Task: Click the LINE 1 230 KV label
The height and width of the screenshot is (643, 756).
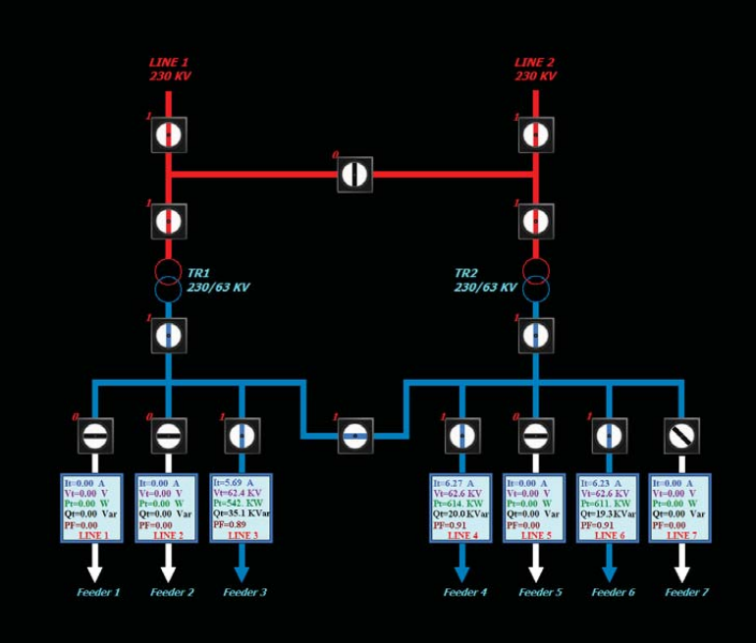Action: (x=169, y=69)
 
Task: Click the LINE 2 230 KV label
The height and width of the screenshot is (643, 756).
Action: (x=535, y=69)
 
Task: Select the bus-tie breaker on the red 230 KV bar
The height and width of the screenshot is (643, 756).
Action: (x=354, y=175)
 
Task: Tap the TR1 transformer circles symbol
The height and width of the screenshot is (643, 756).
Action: (x=169, y=280)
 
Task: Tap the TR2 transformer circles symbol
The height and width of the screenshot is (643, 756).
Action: (x=535, y=280)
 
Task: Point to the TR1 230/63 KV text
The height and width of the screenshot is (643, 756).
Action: (x=218, y=280)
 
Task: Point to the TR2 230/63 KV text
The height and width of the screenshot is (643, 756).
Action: (x=485, y=280)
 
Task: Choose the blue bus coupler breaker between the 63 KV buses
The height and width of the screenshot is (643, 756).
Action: (x=355, y=435)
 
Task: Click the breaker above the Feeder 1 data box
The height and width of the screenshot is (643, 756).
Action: (x=95, y=435)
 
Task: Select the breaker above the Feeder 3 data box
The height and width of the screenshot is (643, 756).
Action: (x=242, y=435)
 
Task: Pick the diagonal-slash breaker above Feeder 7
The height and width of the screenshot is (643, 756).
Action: (x=681, y=435)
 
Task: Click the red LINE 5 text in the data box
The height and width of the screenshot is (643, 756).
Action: (x=535, y=535)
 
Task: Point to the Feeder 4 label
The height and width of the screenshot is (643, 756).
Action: (x=464, y=592)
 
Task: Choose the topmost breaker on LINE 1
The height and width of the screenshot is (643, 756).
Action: (x=169, y=134)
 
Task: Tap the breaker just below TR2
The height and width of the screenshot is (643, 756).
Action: (x=535, y=335)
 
